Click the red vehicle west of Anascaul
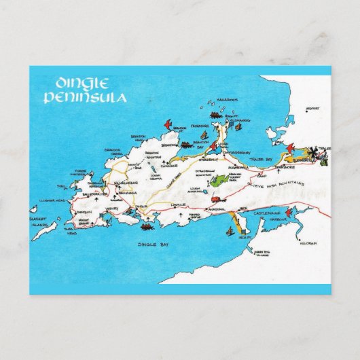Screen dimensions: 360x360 coord(216,200)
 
